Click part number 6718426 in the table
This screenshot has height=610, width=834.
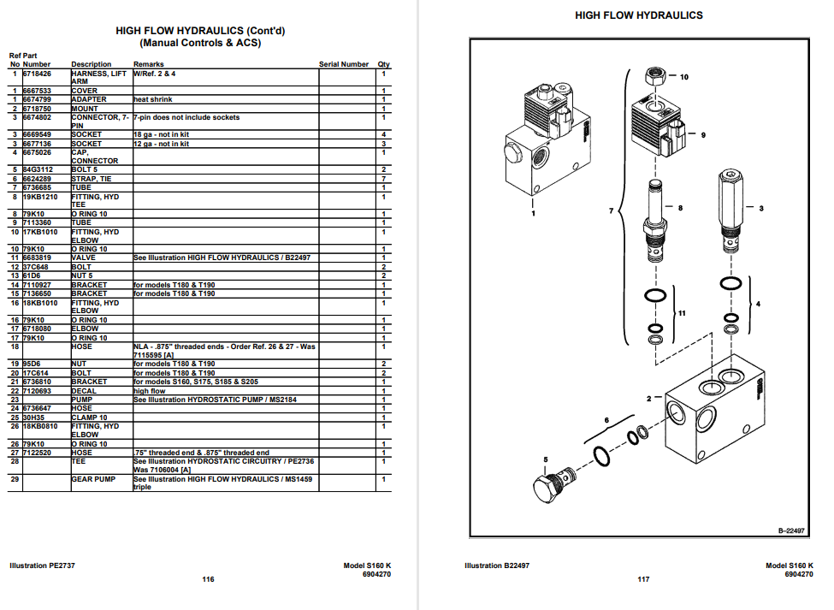click(37, 74)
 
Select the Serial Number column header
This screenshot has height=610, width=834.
click(344, 64)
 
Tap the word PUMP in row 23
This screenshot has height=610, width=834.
click(82, 400)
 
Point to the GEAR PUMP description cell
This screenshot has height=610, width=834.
click(93, 480)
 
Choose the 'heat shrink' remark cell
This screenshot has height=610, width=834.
click(153, 99)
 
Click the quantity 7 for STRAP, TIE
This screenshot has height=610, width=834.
click(384, 179)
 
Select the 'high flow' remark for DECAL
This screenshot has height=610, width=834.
click(150, 391)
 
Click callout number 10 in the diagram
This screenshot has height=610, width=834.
click(683, 77)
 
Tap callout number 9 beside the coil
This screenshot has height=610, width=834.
click(703, 135)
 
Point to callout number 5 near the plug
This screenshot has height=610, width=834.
click(545, 459)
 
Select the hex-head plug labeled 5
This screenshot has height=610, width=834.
click(551, 488)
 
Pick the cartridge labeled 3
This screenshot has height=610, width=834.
click(730, 205)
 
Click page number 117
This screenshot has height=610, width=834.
click(643, 579)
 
